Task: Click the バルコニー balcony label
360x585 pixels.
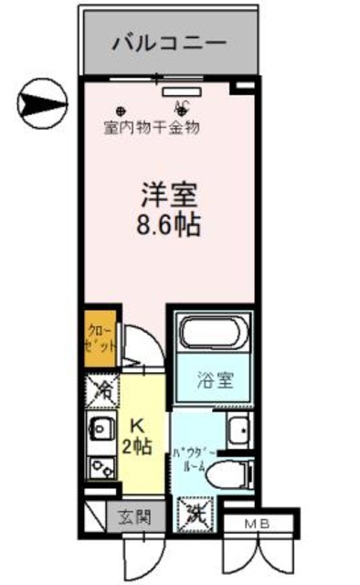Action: pos(170,43)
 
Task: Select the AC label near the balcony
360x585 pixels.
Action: pos(181,103)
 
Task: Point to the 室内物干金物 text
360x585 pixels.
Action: pos(151,126)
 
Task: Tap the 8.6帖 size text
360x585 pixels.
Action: pos(170,223)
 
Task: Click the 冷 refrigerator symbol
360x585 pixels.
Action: pos(101,392)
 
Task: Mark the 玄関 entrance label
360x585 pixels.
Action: pos(131,516)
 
